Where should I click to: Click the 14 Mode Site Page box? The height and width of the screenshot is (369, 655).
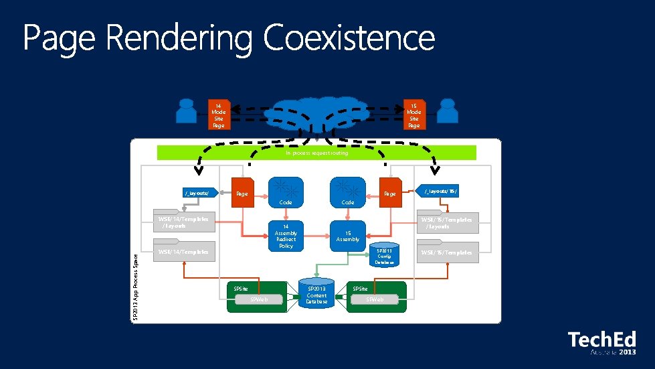[x=218, y=115]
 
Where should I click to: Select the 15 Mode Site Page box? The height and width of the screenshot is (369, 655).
[x=413, y=115]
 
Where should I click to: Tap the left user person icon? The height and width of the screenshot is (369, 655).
[x=185, y=111]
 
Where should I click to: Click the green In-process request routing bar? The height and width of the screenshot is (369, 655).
[x=316, y=153]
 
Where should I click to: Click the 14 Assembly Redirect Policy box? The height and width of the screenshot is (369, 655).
[x=286, y=236]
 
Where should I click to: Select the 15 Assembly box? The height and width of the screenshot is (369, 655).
[x=348, y=235]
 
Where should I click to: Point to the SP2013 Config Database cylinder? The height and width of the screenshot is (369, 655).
[x=384, y=255]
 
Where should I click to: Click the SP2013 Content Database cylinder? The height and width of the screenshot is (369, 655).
[x=316, y=292]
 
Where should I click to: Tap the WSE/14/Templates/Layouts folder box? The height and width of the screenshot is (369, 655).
[x=183, y=223]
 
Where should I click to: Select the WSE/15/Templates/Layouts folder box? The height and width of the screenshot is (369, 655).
[x=446, y=223]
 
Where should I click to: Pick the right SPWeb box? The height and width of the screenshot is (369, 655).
[x=375, y=300]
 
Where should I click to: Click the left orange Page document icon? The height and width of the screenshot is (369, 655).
[x=242, y=193]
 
